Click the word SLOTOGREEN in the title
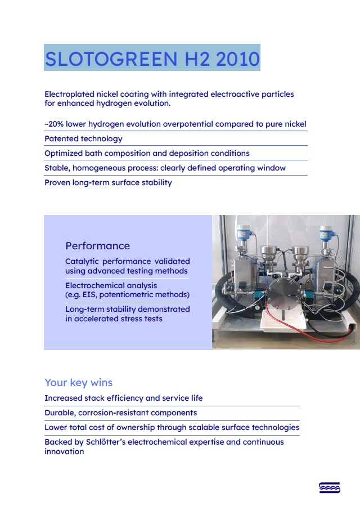coord(111,59)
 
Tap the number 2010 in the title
coord(237,59)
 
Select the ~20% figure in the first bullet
coord(54,124)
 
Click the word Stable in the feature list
coord(57,168)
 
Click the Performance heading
coord(98,246)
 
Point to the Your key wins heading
coord(79,383)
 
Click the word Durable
coord(61,413)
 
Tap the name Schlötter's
coord(106,442)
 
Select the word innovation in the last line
coord(64,452)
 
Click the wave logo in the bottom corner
coord(330,487)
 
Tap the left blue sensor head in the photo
coord(243,233)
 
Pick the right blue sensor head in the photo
coord(326,233)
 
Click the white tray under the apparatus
coord(283,320)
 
